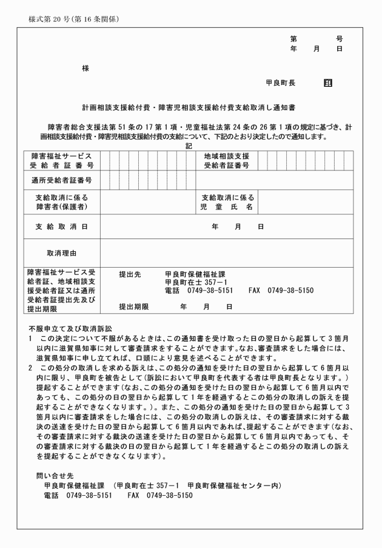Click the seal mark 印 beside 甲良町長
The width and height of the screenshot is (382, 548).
(327, 83)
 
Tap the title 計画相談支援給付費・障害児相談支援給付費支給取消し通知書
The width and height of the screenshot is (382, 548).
(190, 106)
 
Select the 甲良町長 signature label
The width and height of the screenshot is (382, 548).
(280, 83)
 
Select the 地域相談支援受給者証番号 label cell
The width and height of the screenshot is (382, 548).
(226, 160)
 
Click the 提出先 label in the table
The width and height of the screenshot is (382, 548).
(130, 274)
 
